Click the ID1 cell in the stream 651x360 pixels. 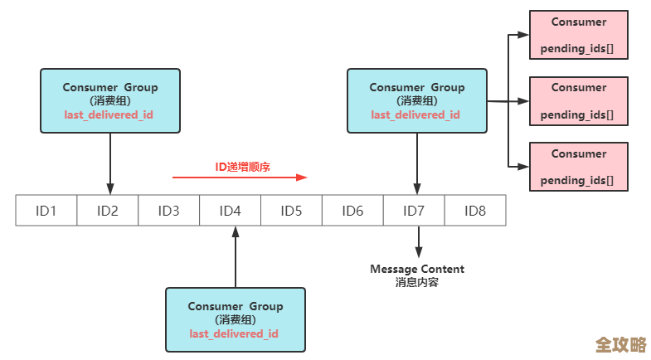click(x=46, y=211)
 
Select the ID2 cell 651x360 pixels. click(x=108, y=211)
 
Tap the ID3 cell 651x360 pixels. click(x=169, y=211)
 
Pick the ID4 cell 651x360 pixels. click(x=231, y=211)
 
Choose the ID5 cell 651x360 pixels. click(x=292, y=211)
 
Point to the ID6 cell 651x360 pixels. click(x=353, y=211)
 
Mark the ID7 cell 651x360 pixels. click(x=415, y=211)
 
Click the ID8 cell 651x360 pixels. click(x=475, y=211)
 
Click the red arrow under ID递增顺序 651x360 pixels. click(x=240, y=177)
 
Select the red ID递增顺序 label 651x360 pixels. click(x=243, y=167)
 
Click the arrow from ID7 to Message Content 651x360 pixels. click(x=418, y=241)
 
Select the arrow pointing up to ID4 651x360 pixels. click(x=236, y=256)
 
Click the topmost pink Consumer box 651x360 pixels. click(x=579, y=36)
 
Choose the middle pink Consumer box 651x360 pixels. click(x=579, y=101)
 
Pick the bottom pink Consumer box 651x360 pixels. click(x=579, y=167)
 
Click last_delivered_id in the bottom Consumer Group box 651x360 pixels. click(x=234, y=333)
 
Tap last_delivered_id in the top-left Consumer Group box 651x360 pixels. click(x=109, y=114)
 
